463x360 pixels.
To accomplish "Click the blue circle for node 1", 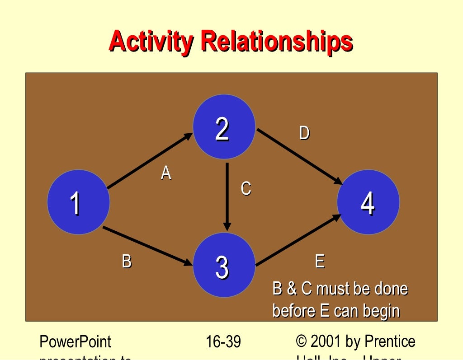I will tap(78, 202).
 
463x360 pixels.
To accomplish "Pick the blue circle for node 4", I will tap(368, 202).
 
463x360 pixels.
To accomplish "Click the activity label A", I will tap(166, 173).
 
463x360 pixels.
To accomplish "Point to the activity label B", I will tap(127, 261).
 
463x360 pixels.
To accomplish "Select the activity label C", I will tap(246, 188).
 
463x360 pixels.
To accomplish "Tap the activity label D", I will tap(304, 133).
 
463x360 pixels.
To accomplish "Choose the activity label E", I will tap(319, 262).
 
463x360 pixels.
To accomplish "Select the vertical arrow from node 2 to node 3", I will tap(227, 196).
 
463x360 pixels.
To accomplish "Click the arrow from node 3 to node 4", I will tap(298, 240).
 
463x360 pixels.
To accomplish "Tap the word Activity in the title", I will tap(151, 42).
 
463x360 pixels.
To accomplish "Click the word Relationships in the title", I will tap(277, 42).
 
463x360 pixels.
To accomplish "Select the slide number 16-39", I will tap(223, 342).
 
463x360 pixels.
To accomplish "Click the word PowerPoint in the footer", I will tap(76, 342).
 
